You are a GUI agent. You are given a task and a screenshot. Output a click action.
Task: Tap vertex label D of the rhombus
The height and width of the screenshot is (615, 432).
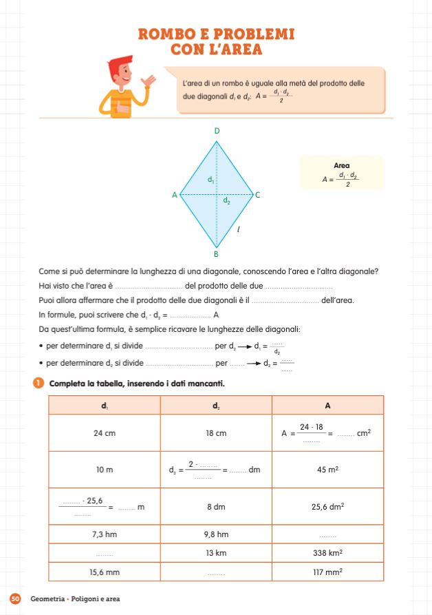coord(217,131)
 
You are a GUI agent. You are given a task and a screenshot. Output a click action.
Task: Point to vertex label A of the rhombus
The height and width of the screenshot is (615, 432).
coord(174,195)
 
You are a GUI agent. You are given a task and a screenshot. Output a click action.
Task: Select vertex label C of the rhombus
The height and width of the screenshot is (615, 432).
coord(257,195)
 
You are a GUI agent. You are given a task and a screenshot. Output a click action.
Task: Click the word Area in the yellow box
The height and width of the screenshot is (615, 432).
coord(341,165)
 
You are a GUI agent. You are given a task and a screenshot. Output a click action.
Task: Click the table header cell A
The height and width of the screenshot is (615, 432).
coord(327,405)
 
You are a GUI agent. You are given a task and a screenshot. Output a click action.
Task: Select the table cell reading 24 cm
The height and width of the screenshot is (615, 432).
coord(104,433)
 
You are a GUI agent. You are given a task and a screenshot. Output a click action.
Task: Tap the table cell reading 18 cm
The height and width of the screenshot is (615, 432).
coord(216,433)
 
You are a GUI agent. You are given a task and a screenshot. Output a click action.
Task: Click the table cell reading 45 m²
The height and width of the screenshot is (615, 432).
coord(327,470)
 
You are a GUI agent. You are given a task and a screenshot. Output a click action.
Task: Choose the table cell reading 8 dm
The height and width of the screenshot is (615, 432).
coord(216,507)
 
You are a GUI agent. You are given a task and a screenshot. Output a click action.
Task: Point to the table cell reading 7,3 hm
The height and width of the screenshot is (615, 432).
coord(104,534)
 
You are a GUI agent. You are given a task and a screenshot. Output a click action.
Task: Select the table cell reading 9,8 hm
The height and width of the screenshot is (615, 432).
coord(216,534)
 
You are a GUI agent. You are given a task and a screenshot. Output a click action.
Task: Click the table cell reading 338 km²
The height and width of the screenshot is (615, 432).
coord(327,553)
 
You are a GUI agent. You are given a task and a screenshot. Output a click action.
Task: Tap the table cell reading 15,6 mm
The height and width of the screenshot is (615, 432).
coord(104,572)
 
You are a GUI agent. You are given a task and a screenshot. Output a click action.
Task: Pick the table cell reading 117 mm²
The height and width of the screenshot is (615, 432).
coord(327,572)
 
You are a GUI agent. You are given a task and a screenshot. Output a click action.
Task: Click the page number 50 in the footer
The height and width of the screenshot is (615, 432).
coord(16,598)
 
